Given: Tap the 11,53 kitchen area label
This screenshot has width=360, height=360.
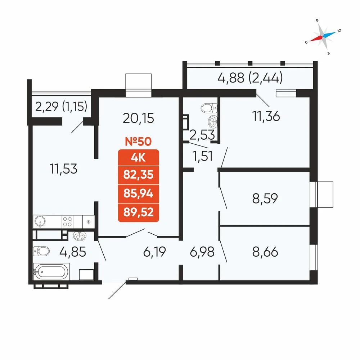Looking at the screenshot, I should pyautogui.click(x=63, y=168).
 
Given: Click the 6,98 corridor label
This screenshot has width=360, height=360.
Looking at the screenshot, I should pyautogui.click(x=202, y=252).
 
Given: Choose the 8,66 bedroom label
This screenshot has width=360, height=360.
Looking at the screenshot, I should pyautogui.click(x=265, y=252).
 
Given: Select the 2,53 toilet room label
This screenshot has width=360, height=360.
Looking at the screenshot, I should pyautogui.click(x=203, y=135).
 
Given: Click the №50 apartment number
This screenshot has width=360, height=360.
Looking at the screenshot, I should pyautogui.click(x=138, y=141).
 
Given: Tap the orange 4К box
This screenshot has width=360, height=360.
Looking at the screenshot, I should pyautogui.click(x=138, y=157).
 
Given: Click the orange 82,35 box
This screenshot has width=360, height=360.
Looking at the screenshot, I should pyautogui.click(x=138, y=175).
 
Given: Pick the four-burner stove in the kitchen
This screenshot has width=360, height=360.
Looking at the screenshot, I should pyautogui.click(x=68, y=221).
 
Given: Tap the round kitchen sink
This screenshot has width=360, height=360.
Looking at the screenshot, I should pyautogui.click(x=40, y=221).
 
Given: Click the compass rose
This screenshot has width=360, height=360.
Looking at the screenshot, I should pyautogui.click(x=323, y=36).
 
